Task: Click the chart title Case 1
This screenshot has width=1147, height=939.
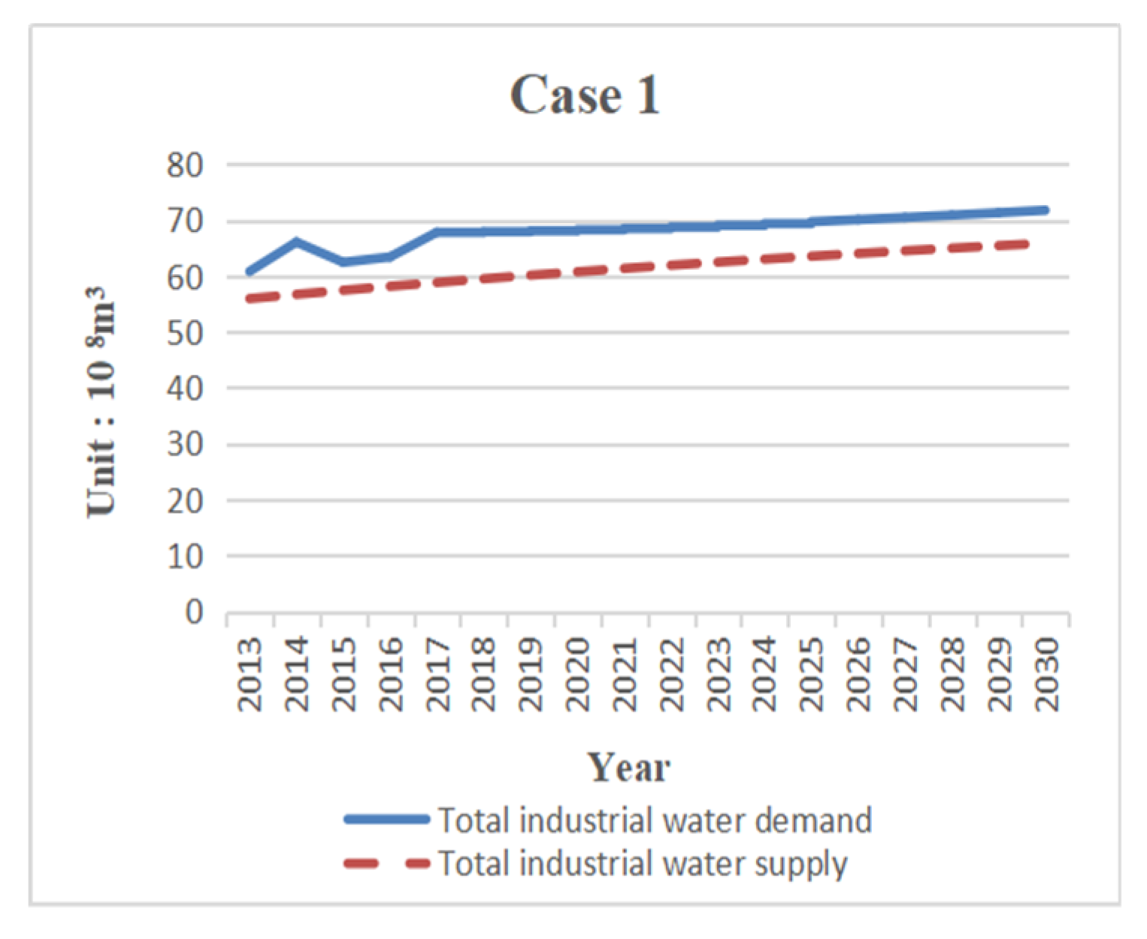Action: tap(585, 96)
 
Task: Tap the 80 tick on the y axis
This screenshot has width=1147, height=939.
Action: tap(185, 165)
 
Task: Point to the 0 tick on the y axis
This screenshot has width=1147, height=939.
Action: tap(194, 612)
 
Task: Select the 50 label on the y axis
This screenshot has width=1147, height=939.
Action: tap(185, 333)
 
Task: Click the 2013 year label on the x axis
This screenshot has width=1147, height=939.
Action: tap(250, 674)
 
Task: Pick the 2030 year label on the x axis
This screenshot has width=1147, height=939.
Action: tap(1047, 674)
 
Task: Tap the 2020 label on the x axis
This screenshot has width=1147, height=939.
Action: tap(578, 674)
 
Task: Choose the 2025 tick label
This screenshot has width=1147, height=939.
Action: tap(813, 674)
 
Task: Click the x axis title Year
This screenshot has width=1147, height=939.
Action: tap(628, 768)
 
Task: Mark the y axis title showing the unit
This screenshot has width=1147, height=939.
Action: tap(101, 402)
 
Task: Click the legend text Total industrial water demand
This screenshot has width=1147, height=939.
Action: tap(655, 820)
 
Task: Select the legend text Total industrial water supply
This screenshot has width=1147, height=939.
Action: tap(643, 863)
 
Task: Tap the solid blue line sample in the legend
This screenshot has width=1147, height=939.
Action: tap(386, 820)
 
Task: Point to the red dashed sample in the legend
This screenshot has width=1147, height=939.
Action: tap(386, 864)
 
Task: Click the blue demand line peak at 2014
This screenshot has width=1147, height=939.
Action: tap(296, 242)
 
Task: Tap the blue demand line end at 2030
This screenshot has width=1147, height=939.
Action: tap(1045, 210)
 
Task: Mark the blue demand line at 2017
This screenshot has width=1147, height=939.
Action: tap(437, 232)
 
